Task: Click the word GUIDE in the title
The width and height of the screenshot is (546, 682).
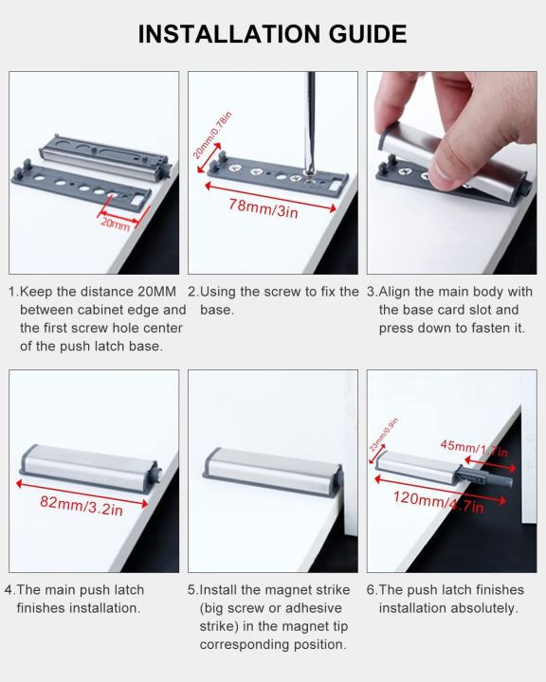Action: pos(352,34)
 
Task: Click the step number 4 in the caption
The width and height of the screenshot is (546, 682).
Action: pos(9,590)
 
